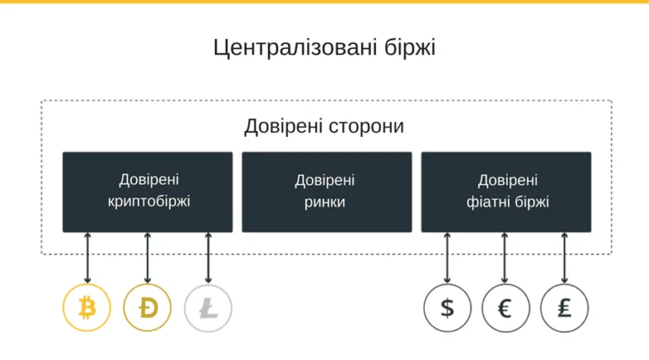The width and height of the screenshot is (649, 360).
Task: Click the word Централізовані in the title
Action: point(295,48)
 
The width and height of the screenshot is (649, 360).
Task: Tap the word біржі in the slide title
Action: point(410,47)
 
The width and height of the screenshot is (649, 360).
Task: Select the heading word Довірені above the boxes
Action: point(284,127)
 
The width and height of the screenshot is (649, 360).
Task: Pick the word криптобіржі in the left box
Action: point(149,202)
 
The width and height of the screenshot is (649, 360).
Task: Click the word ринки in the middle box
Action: point(324,202)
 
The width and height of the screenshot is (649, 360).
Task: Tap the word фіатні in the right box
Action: point(487,202)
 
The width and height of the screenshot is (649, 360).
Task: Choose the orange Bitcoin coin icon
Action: point(87,308)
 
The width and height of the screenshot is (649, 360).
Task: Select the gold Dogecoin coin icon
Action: point(147,308)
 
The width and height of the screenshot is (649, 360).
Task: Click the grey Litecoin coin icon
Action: point(208,308)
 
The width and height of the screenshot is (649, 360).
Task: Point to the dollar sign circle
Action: point(447,308)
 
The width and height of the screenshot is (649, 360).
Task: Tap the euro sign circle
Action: point(505,308)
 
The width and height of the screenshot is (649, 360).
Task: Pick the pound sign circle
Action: point(564,308)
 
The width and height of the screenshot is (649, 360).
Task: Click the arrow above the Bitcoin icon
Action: point(87,258)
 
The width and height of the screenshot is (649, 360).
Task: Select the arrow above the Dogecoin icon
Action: point(147,258)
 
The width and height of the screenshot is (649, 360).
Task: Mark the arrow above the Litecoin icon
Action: point(208,258)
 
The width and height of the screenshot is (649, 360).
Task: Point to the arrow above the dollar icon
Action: point(447,258)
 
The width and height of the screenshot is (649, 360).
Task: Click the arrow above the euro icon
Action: point(504,258)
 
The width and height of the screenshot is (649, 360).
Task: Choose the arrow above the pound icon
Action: point(564,258)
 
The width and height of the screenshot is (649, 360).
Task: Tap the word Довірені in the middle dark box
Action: point(324,181)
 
